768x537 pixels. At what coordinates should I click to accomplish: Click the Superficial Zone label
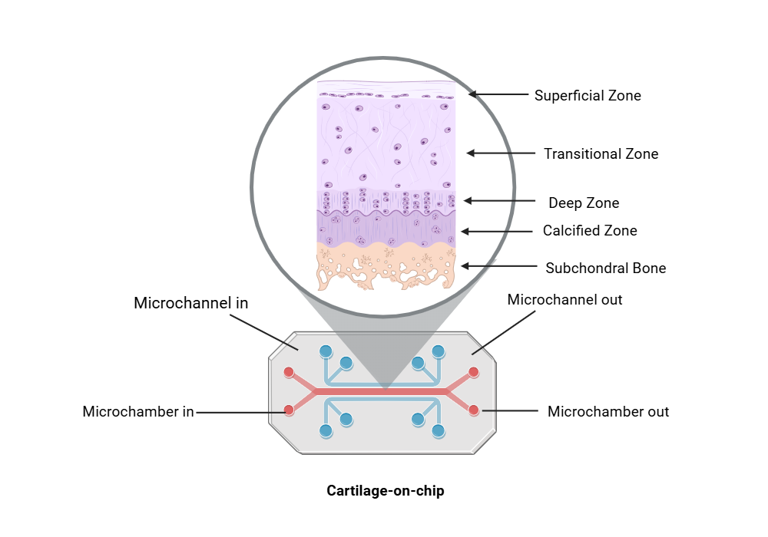point(588,96)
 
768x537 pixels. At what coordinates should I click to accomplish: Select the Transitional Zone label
point(601,154)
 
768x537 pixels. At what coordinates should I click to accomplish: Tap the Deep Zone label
point(584,203)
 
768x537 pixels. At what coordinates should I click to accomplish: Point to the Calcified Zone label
point(590,231)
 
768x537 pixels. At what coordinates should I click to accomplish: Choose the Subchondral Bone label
point(605,268)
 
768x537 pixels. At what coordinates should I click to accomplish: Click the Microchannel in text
point(191,303)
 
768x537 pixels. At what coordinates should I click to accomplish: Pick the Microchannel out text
point(564,300)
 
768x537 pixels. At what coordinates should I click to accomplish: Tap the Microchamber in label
point(138,412)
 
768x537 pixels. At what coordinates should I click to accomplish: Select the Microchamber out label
point(607,412)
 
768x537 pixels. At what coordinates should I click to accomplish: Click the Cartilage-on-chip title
point(386,491)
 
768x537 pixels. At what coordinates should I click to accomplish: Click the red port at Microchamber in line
point(289,410)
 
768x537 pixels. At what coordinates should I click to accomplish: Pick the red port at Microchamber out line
point(473,409)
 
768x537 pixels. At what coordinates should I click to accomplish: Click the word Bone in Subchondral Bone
point(649,268)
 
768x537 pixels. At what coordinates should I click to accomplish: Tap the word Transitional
point(581,154)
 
